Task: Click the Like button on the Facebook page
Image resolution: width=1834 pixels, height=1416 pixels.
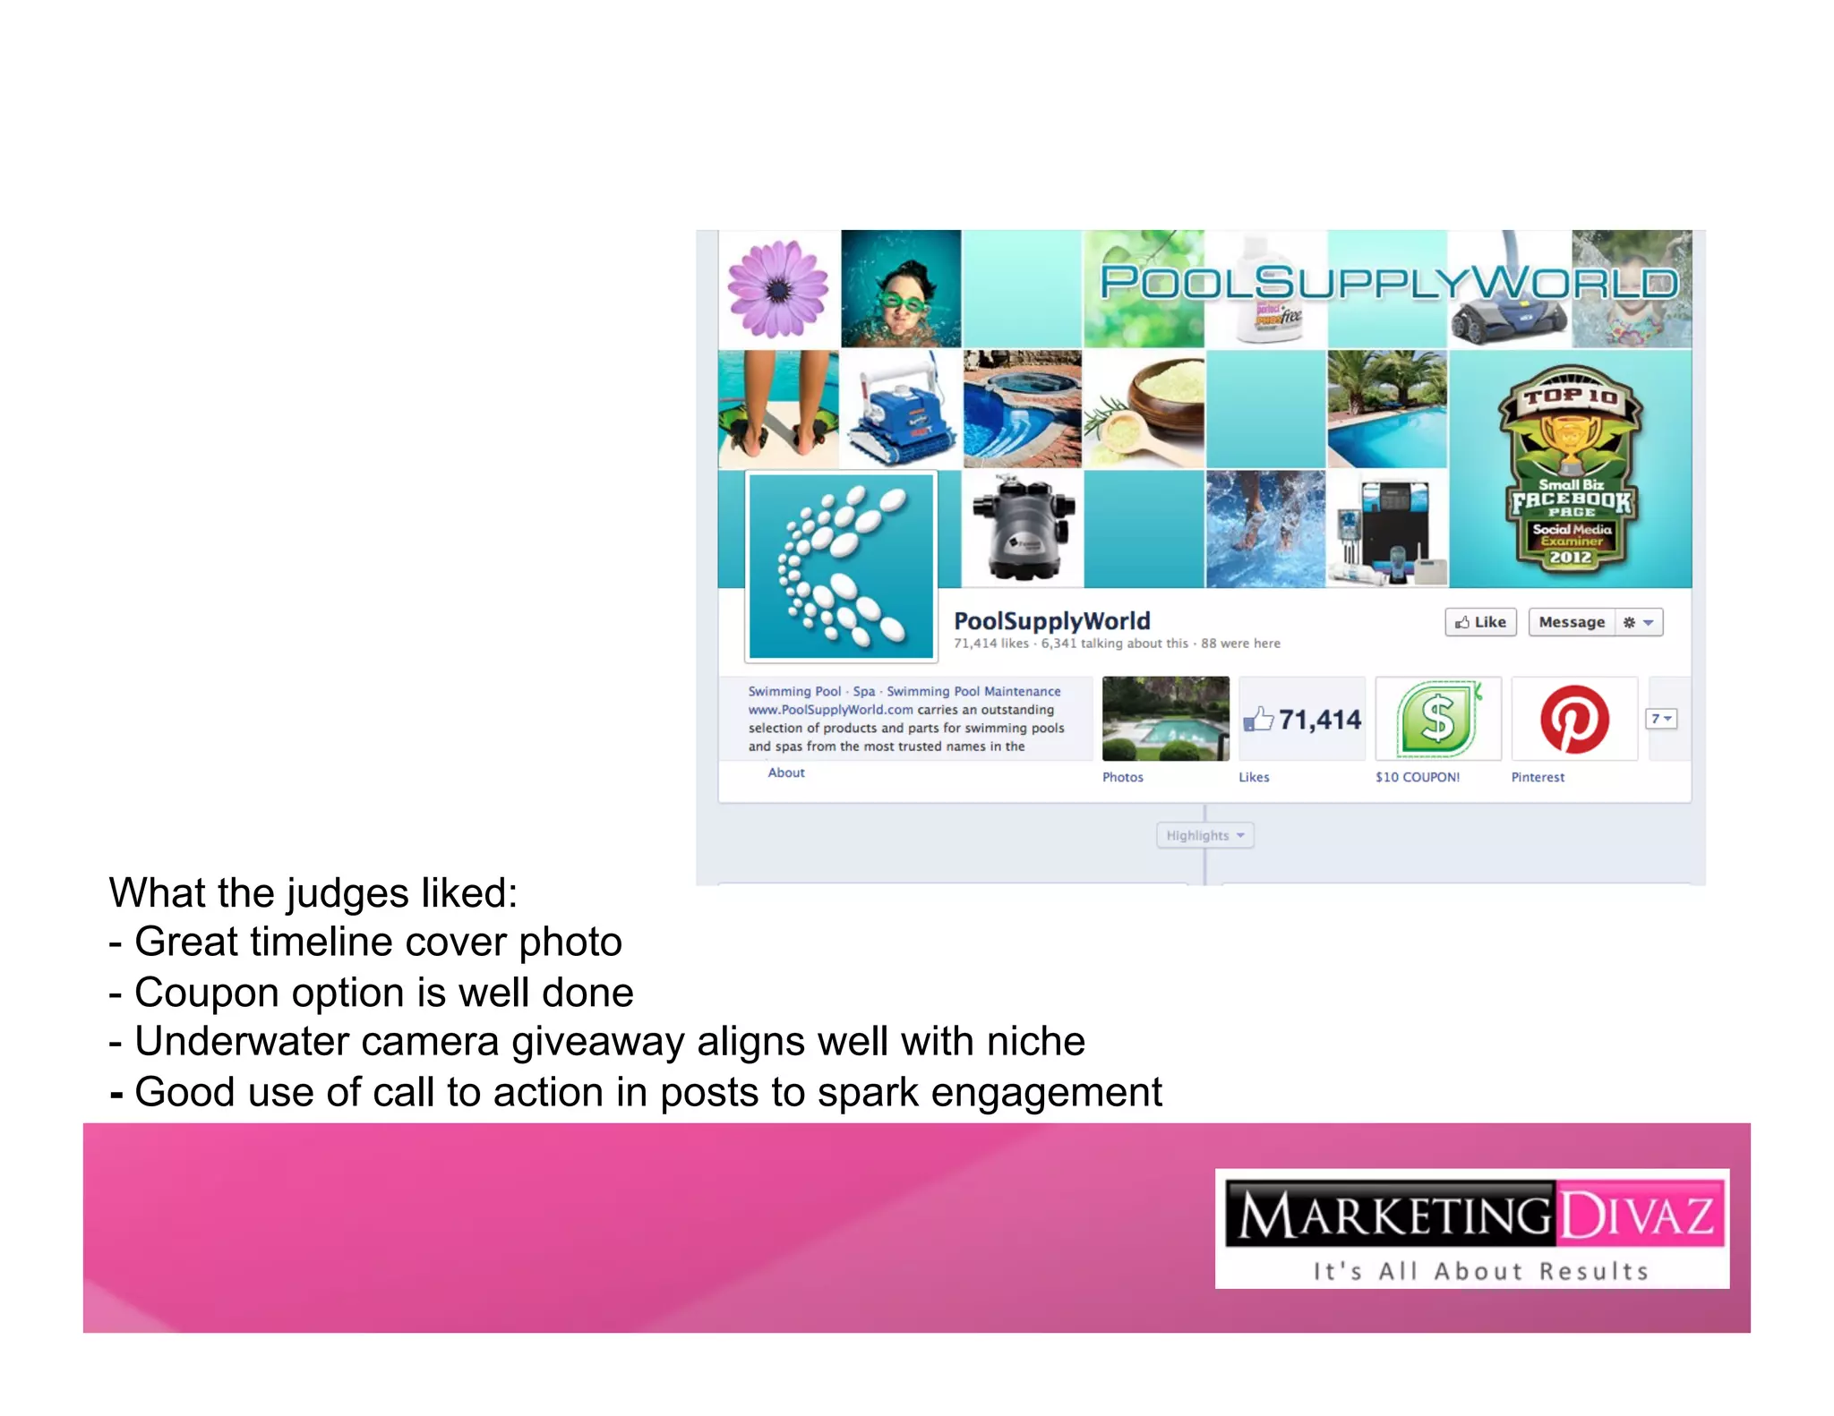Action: click(x=1479, y=622)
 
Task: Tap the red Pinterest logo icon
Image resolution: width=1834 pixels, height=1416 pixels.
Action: click(x=1574, y=720)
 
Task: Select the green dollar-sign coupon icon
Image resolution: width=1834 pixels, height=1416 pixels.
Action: click(x=1438, y=720)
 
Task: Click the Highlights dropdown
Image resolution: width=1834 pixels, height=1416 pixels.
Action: click(x=1204, y=835)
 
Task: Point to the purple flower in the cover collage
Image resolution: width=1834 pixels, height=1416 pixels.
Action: click(x=778, y=289)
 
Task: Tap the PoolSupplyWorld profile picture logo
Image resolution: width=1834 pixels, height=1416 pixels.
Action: click(x=841, y=567)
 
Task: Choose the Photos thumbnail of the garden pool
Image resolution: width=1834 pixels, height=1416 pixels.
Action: click(x=1165, y=719)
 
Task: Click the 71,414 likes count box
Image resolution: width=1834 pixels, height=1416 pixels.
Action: click(x=1303, y=720)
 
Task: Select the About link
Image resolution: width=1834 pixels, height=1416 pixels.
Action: click(x=786, y=772)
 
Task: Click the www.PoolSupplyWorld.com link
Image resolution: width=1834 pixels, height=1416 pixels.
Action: click(x=830, y=710)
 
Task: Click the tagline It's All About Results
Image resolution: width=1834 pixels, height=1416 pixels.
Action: click(x=1479, y=1271)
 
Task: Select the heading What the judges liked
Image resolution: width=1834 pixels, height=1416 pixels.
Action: click(x=313, y=893)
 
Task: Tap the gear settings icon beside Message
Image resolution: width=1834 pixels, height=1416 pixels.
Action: click(x=1630, y=622)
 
